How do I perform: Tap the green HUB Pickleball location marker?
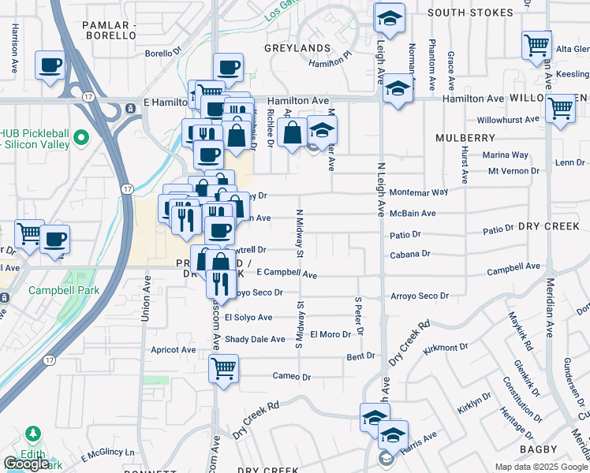(80, 140)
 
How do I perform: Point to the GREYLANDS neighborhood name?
(297, 47)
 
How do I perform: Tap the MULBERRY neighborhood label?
(465, 138)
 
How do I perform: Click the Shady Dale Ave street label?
(255, 339)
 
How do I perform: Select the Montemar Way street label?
(419, 192)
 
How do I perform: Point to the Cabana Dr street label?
(410, 254)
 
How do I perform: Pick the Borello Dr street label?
(164, 54)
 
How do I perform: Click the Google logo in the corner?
(26, 464)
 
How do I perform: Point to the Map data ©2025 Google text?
(541, 467)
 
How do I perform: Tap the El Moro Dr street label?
(330, 334)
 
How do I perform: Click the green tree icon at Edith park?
(33, 434)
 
